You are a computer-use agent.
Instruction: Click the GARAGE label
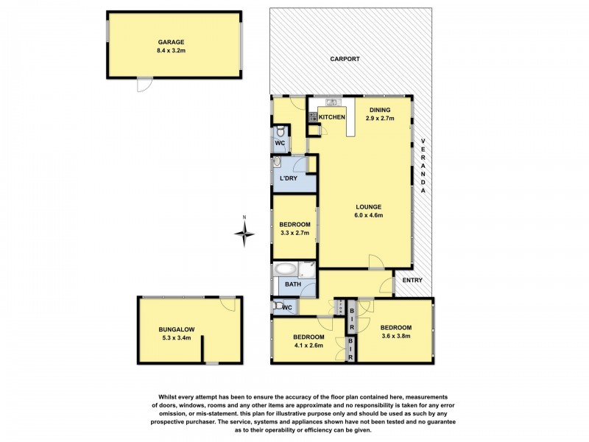tap(174, 43)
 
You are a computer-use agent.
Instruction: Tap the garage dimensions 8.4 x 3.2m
tap(174, 52)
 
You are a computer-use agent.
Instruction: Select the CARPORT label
tap(344, 58)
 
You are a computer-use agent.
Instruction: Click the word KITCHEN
tap(332, 117)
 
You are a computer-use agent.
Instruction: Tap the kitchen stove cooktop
tap(313, 116)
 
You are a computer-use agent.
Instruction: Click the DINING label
tap(380, 110)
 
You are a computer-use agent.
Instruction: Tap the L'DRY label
tap(288, 179)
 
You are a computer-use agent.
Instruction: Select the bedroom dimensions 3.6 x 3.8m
tap(395, 336)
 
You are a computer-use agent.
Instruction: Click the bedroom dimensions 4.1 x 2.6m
tap(309, 345)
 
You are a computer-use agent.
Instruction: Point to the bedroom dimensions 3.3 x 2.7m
tap(294, 233)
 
